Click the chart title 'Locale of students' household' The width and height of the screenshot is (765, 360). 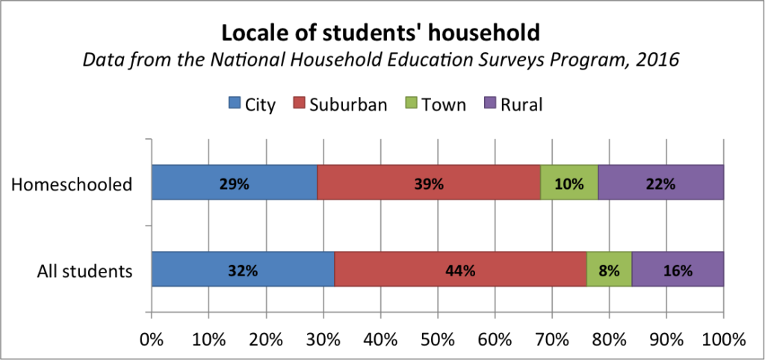tap(381, 33)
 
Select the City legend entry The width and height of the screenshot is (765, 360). tap(252, 105)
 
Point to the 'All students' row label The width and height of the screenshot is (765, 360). tap(85, 270)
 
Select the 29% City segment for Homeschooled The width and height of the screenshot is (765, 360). tap(234, 183)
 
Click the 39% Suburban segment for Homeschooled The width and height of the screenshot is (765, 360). tap(429, 183)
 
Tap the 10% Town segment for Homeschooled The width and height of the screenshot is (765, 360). tap(569, 183)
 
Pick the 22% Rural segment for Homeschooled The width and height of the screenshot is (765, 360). tap(660, 183)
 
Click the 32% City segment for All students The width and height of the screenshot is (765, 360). tap(243, 270)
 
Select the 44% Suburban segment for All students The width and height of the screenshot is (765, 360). tap(460, 270)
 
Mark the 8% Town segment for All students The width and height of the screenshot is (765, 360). tap(609, 270)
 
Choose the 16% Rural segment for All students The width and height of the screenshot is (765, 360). tap(678, 270)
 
